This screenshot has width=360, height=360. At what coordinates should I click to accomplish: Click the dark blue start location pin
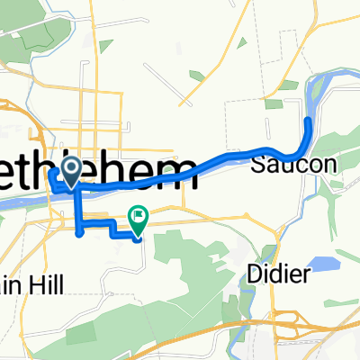[x=70, y=169]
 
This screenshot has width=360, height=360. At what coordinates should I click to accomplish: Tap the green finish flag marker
[x=139, y=215]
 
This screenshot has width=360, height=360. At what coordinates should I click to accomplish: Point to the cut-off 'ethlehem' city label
[x=99, y=171]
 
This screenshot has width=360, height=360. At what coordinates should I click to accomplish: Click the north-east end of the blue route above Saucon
[x=310, y=119]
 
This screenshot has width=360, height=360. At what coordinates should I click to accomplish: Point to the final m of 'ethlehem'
[x=182, y=171]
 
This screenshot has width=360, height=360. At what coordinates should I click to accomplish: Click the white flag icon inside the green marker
[x=139, y=214]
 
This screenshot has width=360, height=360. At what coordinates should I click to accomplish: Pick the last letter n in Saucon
[x=306, y=166]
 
